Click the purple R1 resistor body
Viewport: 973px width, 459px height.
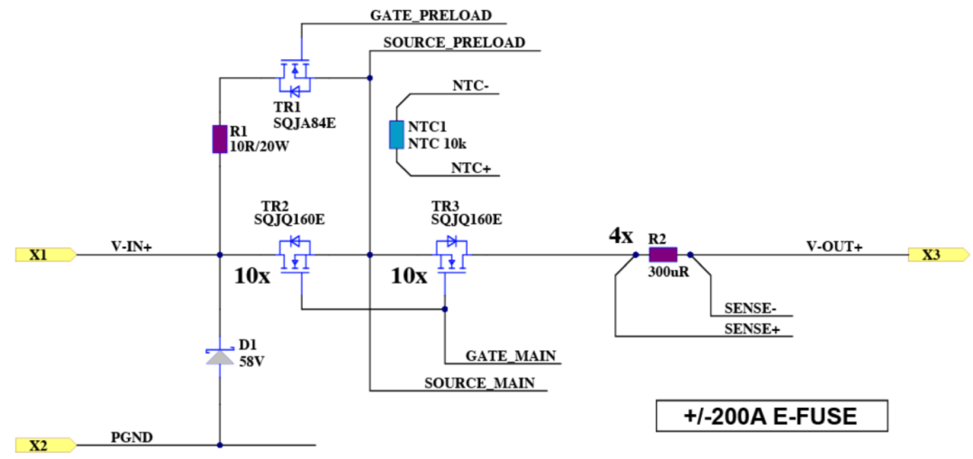point(219,139)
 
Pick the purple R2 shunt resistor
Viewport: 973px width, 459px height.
point(668,255)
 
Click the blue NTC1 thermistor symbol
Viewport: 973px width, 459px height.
point(396,134)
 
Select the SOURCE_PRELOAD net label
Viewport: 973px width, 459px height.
point(454,42)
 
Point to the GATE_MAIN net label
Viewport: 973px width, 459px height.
point(510,356)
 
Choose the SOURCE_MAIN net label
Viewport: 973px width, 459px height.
point(479,382)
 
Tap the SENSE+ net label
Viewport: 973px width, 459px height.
point(751,328)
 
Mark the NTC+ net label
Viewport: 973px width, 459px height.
point(470,168)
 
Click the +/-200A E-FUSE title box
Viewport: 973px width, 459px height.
point(771,417)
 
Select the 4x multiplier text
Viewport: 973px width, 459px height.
point(620,236)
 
